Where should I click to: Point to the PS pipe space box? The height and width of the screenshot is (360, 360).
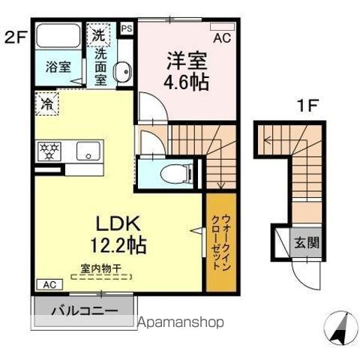pos(127,28)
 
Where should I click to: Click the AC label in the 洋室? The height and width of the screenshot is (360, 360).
pos(223,36)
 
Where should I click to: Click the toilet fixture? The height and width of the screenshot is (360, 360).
pos(171,172)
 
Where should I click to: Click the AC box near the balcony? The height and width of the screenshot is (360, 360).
pos(47,285)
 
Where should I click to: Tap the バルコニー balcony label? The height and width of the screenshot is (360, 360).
pos(84,310)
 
